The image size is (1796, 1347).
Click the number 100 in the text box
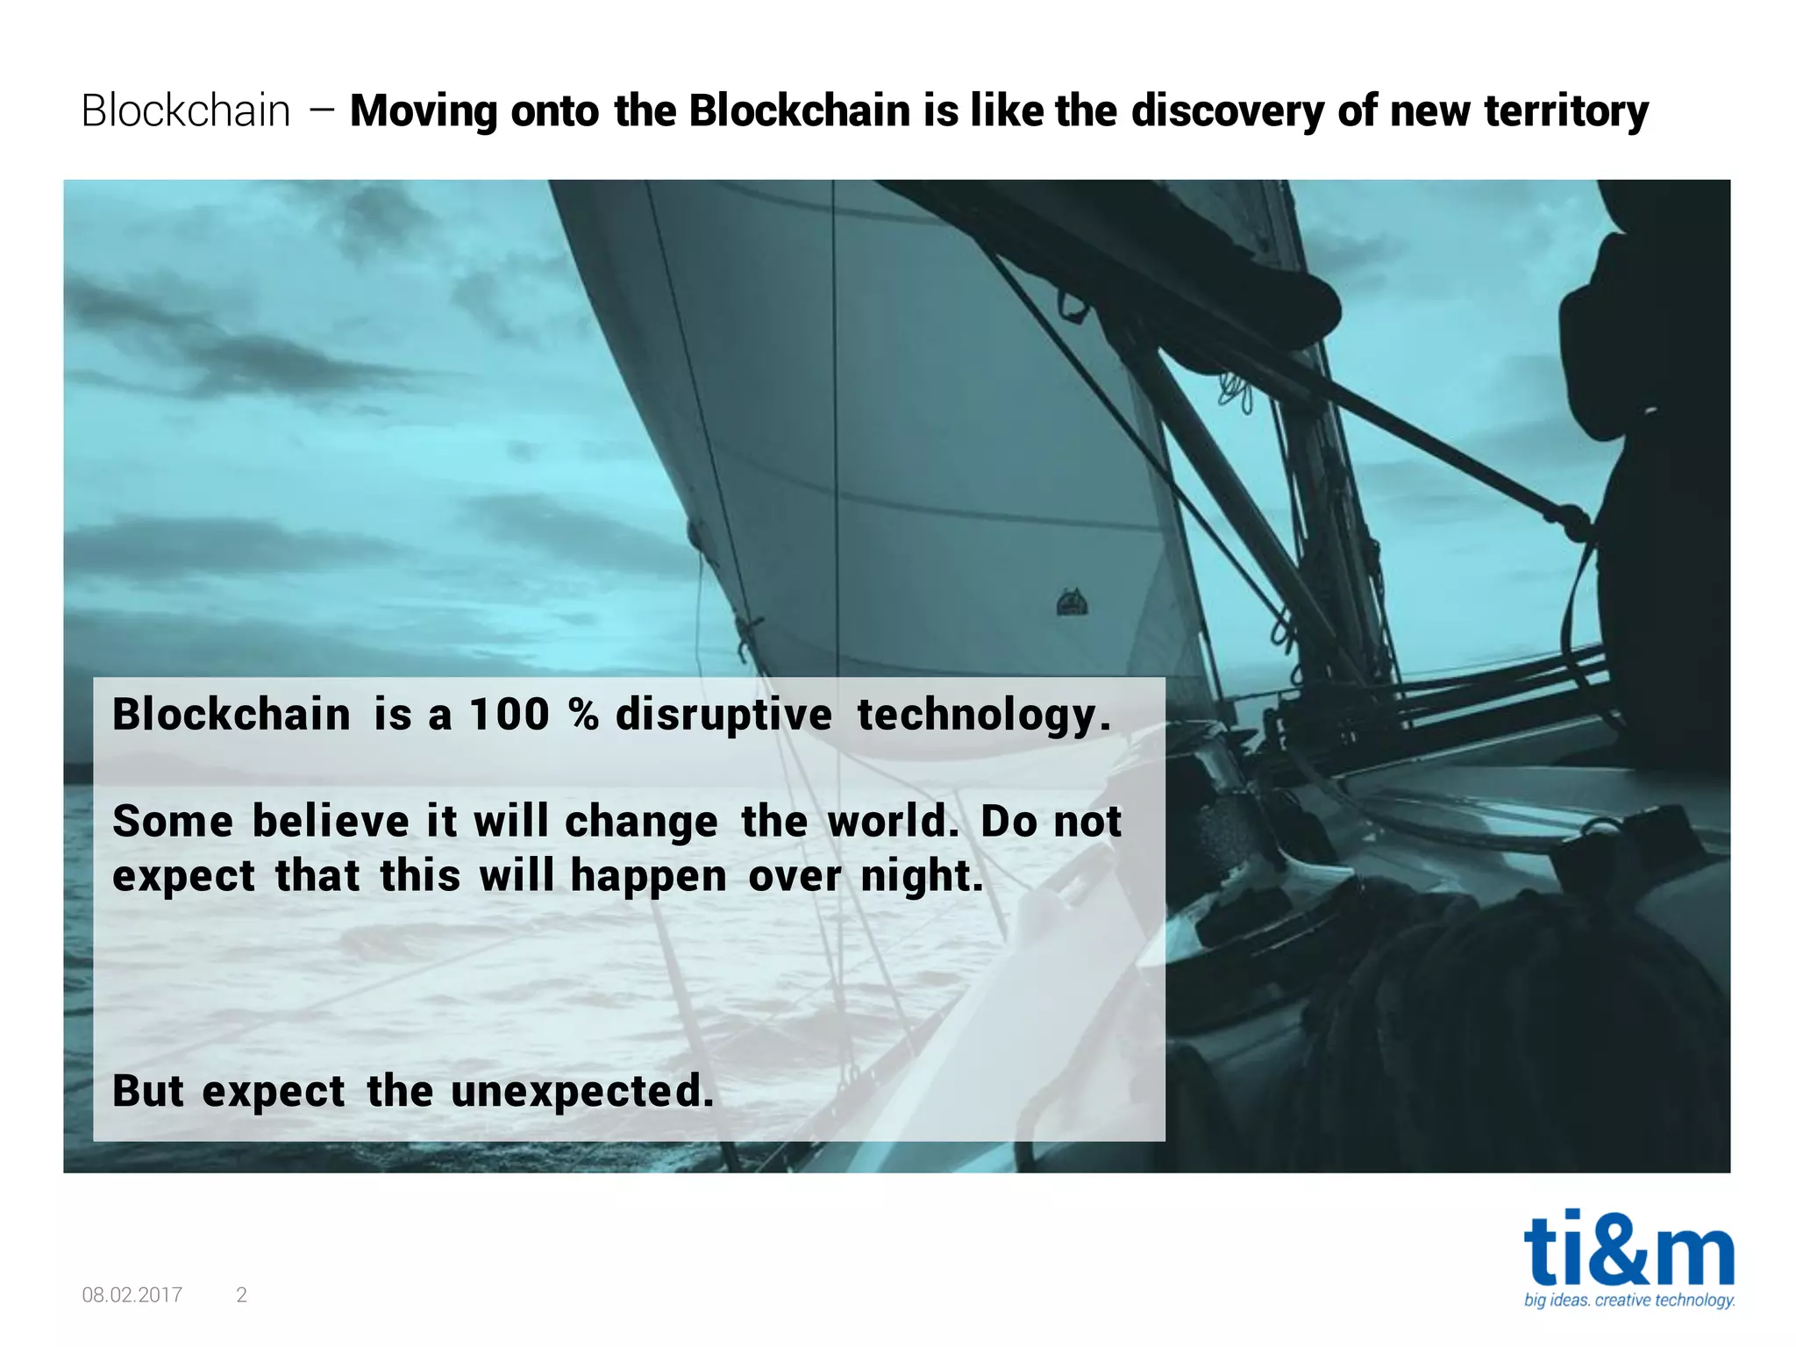point(509,714)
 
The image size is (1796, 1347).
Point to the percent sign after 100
point(583,714)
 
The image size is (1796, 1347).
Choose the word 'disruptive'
point(723,714)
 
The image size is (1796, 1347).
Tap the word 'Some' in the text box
point(173,822)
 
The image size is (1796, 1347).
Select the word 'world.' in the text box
point(893,822)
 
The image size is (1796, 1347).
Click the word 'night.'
point(922,876)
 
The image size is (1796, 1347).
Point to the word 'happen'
point(648,876)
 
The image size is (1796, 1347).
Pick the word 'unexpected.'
point(582,1092)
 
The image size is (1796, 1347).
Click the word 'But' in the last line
point(148,1091)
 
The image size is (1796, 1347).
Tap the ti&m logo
point(1629,1249)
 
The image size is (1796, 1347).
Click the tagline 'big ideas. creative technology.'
point(1629,1300)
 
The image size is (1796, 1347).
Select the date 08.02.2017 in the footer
point(132,1294)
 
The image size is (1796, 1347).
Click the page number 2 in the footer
point(242,1294)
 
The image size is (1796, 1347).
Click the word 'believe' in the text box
point(331,822)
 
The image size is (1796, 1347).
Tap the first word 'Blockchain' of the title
point(186,112)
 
